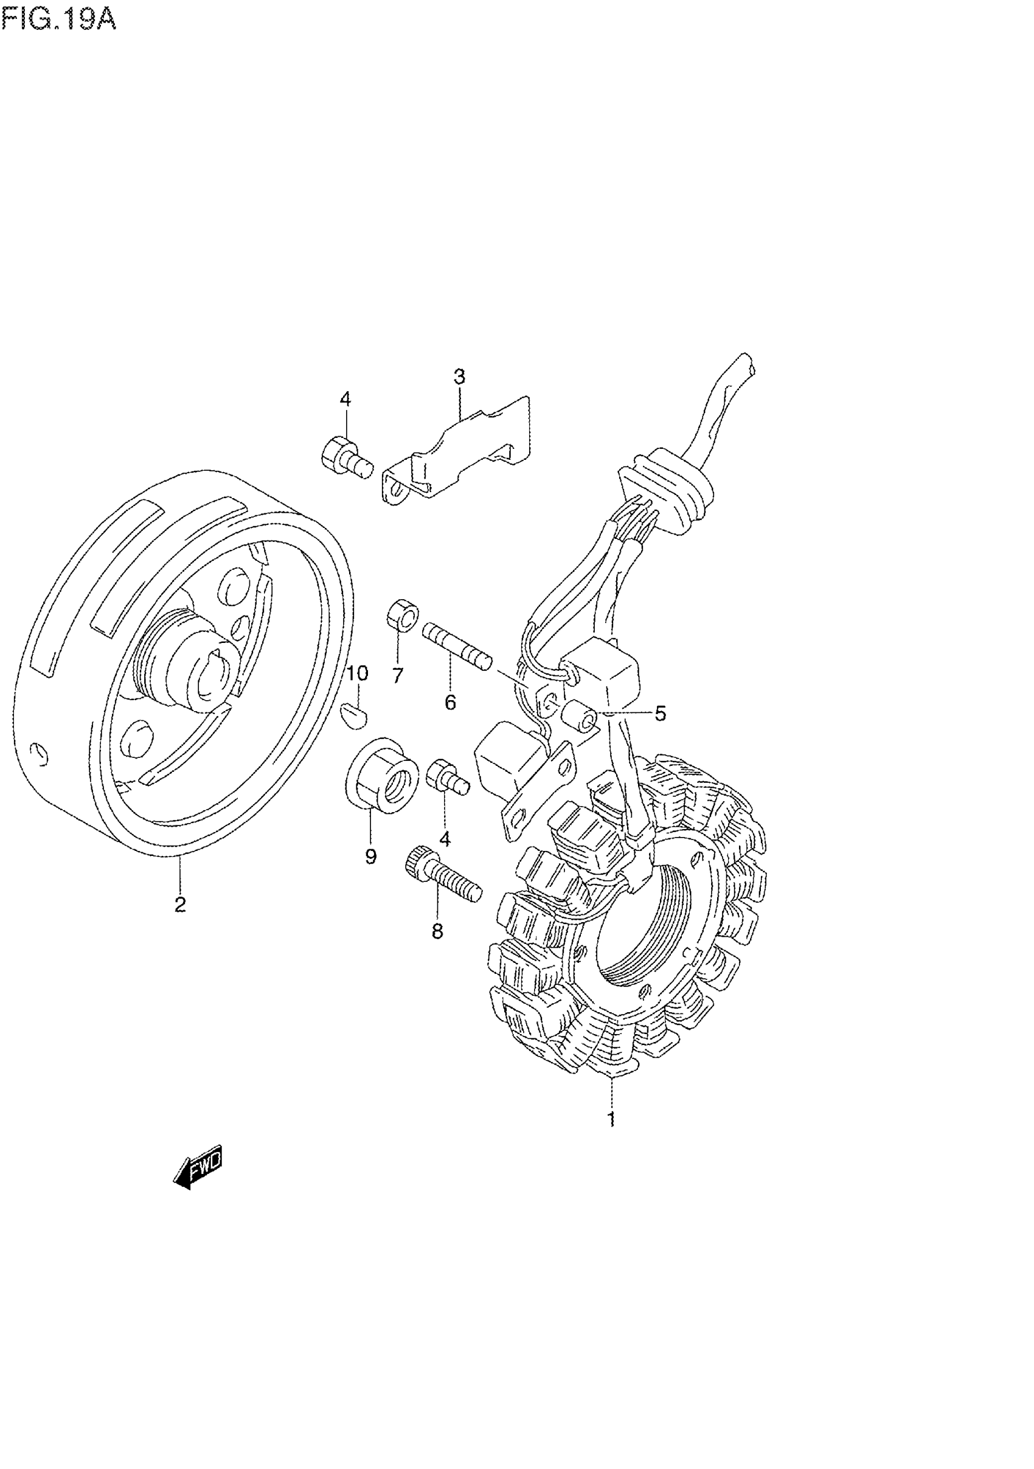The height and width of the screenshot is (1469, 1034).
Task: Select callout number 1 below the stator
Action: (x=612, y=1119)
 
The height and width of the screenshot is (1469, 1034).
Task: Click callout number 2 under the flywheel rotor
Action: (x=180, y=904)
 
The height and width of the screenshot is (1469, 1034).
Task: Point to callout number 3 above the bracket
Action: (x=459, y=377)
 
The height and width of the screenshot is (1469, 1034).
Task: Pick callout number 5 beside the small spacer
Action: (x=660, y=713)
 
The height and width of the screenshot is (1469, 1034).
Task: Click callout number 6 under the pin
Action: (x=451, y=703)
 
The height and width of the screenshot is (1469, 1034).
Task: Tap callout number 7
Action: (x=397, y=675)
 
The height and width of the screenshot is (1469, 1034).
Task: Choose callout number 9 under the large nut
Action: (x=371, y=856)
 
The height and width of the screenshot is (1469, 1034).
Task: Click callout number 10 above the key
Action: (x=357, y=673)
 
